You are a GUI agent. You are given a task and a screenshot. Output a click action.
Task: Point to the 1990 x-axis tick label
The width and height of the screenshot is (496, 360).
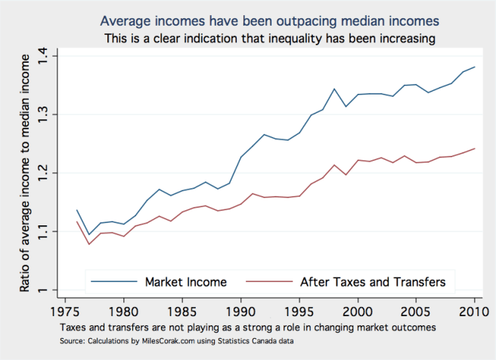click(240, 311)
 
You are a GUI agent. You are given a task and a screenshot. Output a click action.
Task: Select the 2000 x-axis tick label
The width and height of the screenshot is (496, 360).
click(358, 311)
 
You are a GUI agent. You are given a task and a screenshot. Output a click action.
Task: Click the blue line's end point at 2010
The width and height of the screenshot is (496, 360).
click(475, 67)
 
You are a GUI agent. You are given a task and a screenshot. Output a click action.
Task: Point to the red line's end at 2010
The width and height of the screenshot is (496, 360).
click(475, 148)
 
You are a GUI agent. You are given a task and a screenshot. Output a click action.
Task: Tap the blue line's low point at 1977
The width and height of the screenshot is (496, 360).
click(88, 234)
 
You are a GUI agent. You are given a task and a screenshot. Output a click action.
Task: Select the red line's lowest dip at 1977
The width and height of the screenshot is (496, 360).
click(88, 244)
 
